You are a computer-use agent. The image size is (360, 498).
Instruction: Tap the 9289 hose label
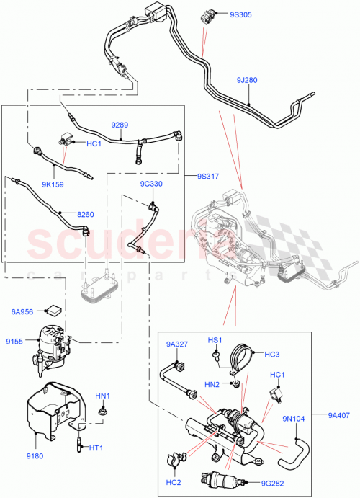(120, 125)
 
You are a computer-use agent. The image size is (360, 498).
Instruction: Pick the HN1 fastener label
(103, 396)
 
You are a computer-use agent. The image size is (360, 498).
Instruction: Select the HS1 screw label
(215, 340)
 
